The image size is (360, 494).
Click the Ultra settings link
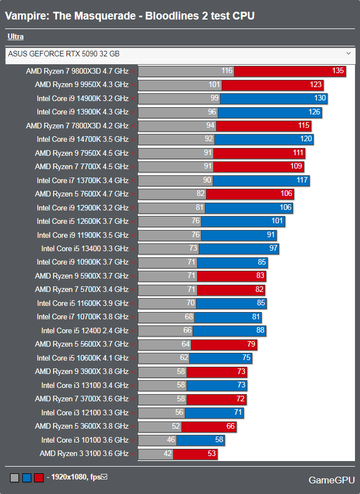[x=16, y=37]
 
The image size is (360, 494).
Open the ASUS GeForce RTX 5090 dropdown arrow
[x=349, y=54]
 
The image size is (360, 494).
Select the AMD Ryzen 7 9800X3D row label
[x=77, y=71]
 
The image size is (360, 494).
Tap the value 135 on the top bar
[x=338, y=71]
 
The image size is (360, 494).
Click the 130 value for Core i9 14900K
[x=320, y=98]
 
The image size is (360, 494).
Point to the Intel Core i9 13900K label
[x=83, y=112]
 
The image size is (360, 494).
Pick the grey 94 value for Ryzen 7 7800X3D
[x=210, y=126]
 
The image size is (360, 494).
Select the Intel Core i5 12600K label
[x=83, y=221]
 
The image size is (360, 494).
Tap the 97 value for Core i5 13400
[x=273, y=248]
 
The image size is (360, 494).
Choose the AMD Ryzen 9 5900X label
[x=81, y=276]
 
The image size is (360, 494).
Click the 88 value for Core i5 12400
[x=260, y=330]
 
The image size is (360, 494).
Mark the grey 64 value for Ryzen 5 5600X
[x=186, y=344]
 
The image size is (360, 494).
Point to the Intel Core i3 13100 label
[x=85, y=385]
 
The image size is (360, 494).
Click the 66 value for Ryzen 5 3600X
[x=230, y=426]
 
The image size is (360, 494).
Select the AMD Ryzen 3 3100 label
[x=84, y=453]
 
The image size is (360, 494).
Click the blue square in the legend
[x=27, y=478]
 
